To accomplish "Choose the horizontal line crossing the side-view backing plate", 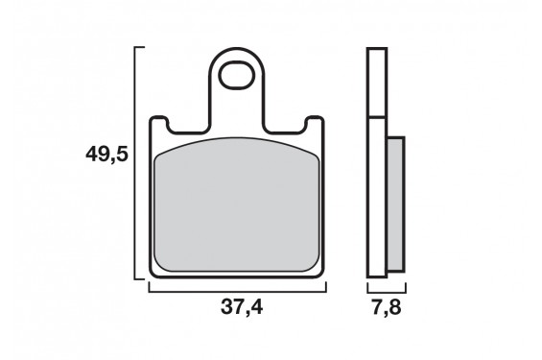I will tap(376, 116).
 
